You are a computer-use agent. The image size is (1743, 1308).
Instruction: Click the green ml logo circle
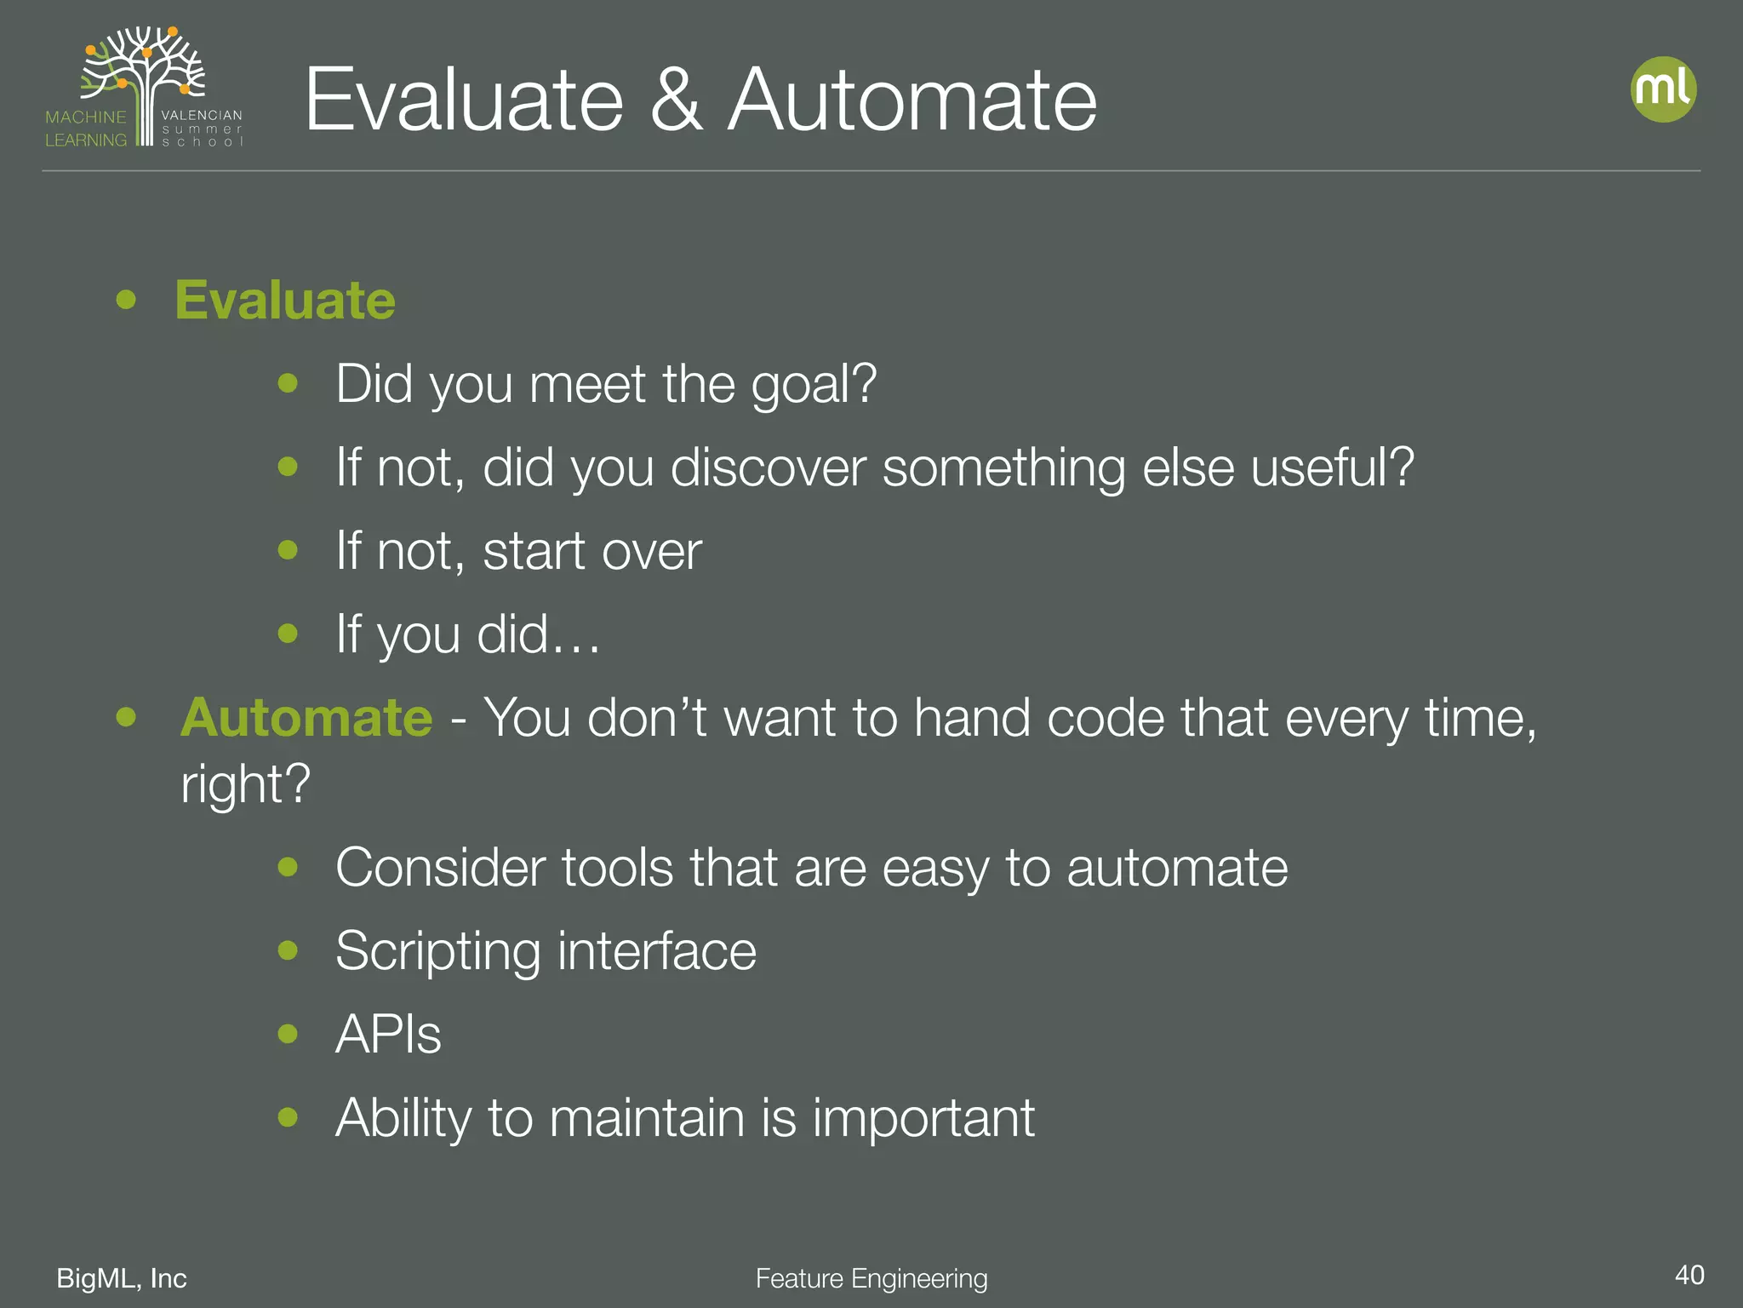pyautogui.click(x=1663, y=89)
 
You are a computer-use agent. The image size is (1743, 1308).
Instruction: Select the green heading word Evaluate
pyautogui.click(x=285, y=301)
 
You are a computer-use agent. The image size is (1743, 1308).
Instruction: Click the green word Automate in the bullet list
pyautogui.click(x=306, y=718)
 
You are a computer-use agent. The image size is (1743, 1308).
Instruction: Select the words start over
pyautogui.click(x=592, y=551)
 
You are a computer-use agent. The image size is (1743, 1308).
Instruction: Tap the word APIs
pyautogui.click(x=388, y=1035)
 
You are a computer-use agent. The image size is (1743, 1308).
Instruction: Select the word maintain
pyautogui.click(x=647, y=1118)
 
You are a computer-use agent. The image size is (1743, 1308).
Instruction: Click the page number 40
pyautogui.click(x=1689, y=1275)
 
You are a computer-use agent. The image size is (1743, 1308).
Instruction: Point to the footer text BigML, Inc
pyautogui.click(x=122, y=1278)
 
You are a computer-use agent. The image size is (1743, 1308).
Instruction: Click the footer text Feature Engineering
pyautogui.click(x=871, y=1278)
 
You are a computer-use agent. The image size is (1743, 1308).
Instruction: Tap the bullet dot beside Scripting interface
pyautogui.click(x=289, y=950)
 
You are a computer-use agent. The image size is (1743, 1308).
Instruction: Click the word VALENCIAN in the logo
pyautogui.click(x=202, y=115)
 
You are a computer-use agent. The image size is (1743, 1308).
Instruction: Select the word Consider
pyautogui.click(x=439, y=868)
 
